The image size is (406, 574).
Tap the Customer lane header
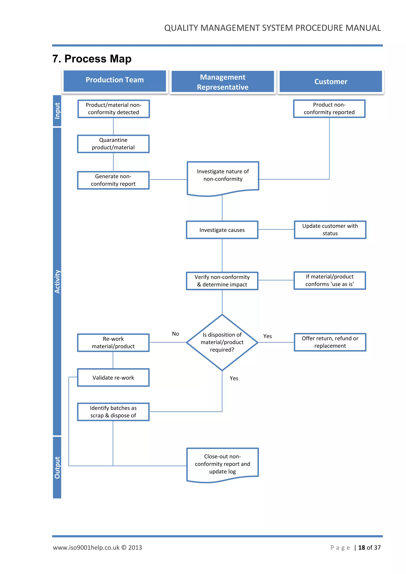330,82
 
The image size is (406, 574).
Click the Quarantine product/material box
113,144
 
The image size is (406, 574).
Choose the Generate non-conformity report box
113,180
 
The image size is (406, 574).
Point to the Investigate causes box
222,230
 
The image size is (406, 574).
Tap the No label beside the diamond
175,334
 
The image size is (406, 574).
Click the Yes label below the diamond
234,378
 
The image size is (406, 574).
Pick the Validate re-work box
113,378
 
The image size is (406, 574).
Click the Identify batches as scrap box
113,411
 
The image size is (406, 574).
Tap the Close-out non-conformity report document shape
222,464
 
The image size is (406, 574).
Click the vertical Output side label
57,468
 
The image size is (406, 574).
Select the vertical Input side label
57,111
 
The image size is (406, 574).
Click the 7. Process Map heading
92,59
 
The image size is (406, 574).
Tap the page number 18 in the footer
362,547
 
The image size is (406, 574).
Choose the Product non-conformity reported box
329,108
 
